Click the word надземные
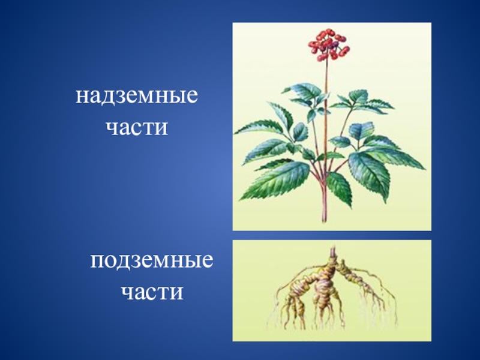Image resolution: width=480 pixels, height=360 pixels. (x=137, y=95)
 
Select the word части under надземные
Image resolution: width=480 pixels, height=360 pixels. (x=137, y=127)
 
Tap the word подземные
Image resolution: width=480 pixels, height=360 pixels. (x=152, y=260)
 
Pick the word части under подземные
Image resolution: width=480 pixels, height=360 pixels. (x=152, y=292)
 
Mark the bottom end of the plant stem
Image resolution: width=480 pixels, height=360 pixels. (x=324, y=221)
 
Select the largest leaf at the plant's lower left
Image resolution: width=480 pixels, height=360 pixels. (x=275, y=181)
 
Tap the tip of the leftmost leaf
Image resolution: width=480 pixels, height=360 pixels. (x=234, y=134)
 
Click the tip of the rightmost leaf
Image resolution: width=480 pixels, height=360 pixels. (x=425, y=169)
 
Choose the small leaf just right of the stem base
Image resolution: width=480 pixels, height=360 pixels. (x=340, y=188)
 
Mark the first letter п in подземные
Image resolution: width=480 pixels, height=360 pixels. (x=97, y=262)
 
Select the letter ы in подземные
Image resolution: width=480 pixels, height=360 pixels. (x=191, y=262)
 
